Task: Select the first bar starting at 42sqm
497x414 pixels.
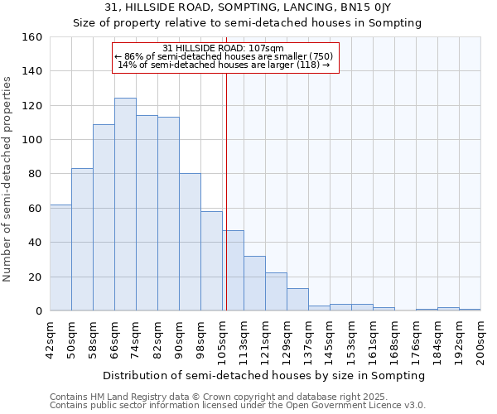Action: pos(60,258)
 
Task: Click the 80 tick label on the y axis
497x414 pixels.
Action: pos(36,175)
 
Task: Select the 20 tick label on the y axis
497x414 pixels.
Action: pos(36,277)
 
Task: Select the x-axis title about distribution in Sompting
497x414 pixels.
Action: pos(265,375)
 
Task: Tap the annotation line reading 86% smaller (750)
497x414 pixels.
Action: pos(225,56)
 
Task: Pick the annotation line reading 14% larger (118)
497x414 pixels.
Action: pos(225,65)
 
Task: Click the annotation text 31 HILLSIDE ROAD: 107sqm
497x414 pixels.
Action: pos(224,48)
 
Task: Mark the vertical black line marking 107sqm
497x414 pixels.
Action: pos(226,190)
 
